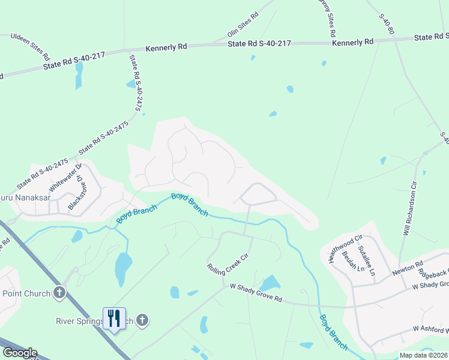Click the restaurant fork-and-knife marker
(x=113, y=317)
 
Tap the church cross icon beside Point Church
(x=59, y=293)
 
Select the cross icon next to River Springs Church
(x=142, y=320)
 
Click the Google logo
(x=20, y=353)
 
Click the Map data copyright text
(x=423, y=355)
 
